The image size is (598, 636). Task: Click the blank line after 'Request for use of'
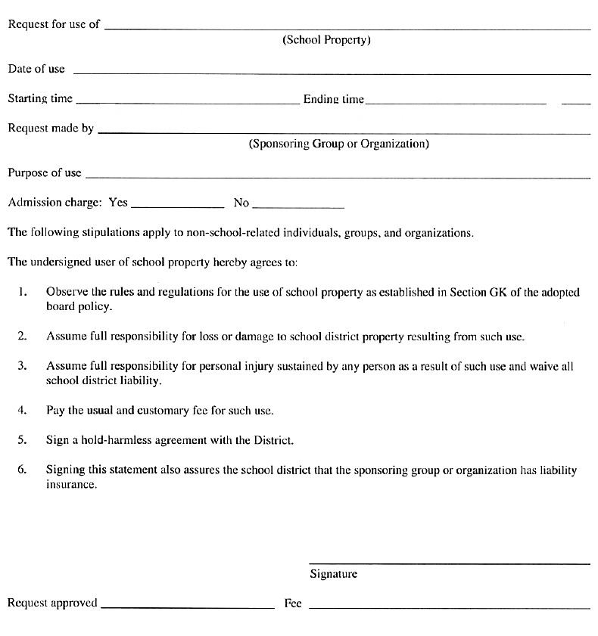347,28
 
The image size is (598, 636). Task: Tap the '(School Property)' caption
326,40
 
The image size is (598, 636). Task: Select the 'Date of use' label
36,69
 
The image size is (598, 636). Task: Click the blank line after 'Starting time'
188,102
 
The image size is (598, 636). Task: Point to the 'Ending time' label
333,99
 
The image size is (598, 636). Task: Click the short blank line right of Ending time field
576,102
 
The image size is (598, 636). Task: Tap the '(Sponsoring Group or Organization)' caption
338,144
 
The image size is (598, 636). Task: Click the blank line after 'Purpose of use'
338,178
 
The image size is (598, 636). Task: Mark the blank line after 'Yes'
178,206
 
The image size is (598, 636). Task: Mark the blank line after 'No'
298,206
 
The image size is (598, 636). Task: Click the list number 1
23,291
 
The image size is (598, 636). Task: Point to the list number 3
23,366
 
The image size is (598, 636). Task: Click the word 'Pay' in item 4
55,411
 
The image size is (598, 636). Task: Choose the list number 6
23,470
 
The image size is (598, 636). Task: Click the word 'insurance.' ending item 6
71,485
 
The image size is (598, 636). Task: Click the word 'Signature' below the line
333,574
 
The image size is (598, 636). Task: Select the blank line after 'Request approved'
187,607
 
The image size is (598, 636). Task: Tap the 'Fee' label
293,603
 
